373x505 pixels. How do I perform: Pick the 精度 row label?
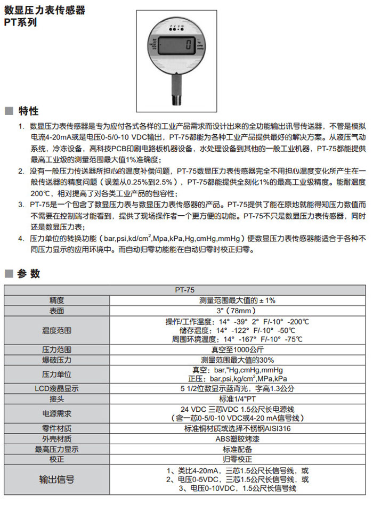(56, 300)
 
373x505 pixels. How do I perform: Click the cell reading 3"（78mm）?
(237, 311)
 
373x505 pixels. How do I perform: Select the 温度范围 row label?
(56, 330)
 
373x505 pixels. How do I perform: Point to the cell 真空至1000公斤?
(237, 350)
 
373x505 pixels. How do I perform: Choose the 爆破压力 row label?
(56, 360)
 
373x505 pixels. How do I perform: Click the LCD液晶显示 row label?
(56, 389)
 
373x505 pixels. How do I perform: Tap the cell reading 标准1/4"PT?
(237, 399)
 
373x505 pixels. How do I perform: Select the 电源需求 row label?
(56, 413)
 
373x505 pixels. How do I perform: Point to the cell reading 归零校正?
(237, 459)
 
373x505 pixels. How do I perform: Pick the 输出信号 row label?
(56, 479)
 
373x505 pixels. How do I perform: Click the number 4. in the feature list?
(21, 238)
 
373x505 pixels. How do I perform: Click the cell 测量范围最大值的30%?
(237, 360)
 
